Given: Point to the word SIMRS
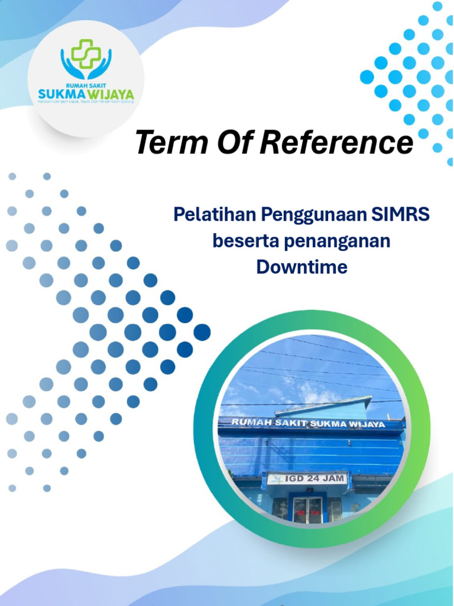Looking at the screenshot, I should click(400, 214).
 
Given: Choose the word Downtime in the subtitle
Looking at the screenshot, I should click(301, 267).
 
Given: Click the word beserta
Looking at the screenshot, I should click(241, 241).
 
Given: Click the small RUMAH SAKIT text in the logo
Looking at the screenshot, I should click(86, 85).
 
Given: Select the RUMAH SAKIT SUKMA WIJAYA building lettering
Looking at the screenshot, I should click(308, 424).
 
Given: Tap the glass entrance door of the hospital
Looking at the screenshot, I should click(307, 509).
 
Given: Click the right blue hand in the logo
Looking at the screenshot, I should click(102, 64).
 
